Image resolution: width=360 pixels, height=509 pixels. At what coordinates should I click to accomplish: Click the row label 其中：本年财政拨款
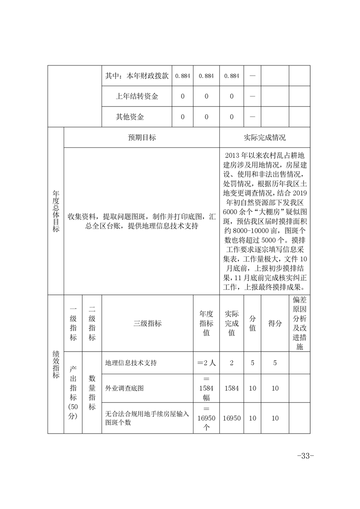[137, 76]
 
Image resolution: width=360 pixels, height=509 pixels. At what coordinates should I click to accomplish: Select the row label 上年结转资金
[137, 96]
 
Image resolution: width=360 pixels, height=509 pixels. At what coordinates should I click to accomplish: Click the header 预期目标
[142, 137]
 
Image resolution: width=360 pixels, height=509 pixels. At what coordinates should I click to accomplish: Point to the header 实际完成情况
[265, 137]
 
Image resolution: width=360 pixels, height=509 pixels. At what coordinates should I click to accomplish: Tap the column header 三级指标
[148, 323]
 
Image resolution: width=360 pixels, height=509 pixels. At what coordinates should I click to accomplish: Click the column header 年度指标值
[206, 323]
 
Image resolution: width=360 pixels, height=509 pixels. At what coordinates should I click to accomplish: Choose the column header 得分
[275, 323]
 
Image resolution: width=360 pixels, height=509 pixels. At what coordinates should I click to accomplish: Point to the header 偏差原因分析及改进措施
[299, 323]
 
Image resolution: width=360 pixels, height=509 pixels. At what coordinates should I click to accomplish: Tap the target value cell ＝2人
[206, 363]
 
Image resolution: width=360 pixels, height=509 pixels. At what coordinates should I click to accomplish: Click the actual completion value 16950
[232, 418]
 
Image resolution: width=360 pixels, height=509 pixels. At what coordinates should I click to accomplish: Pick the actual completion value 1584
[232, 388]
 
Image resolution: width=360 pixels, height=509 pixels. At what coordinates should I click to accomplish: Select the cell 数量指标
[92, 392]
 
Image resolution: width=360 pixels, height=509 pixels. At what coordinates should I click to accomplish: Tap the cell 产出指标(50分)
[73, 392]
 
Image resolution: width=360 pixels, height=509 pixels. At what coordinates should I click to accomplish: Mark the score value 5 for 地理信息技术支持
[275, 363]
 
